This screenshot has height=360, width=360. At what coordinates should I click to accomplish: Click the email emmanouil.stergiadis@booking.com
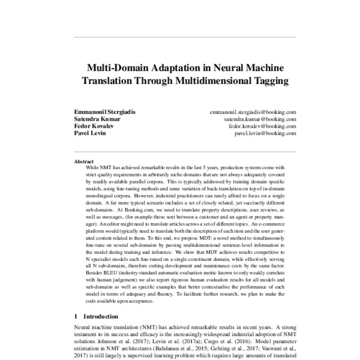click(253, 112)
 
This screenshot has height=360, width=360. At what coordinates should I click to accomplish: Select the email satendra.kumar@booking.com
click(259, 119)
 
